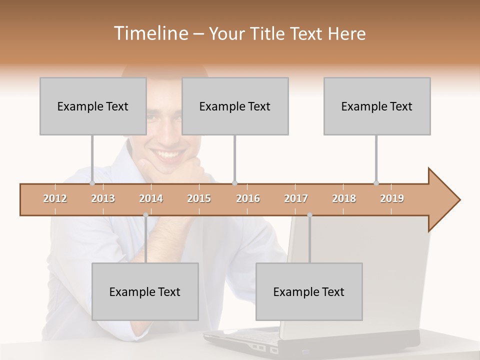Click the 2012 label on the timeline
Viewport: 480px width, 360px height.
[55, 198]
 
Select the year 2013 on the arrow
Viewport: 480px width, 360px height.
[103, 198]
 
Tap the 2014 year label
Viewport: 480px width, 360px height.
[151, 198]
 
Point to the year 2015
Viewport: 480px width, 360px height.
[199, 198]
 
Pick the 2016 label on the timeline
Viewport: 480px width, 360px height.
[248, 198]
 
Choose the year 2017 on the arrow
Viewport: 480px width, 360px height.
[296, 198]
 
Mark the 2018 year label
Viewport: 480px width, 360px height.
[344, 198]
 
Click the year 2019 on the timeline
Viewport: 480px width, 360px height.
[392, 198]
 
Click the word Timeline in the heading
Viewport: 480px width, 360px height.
[150, 33]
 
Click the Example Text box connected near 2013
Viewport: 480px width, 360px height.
[93, 106]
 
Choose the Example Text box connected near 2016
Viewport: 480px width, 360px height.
[235, 106]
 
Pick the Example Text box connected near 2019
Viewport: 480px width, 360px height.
[377, 106]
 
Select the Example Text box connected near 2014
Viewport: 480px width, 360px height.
[145, 291]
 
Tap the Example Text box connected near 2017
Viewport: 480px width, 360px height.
[309, 291]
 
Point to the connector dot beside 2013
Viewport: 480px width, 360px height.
[92, 183]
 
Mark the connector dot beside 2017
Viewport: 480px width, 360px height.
[309, 215]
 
